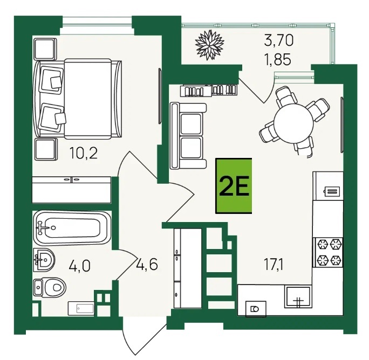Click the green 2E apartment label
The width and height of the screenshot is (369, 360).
coord(234,186)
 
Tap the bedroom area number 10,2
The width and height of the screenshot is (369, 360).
coord(83,153)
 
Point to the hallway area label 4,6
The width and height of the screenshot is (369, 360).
coord(146,264)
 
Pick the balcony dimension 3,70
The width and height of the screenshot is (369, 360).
coord(279,40)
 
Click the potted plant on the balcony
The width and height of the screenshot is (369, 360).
coord(209,45)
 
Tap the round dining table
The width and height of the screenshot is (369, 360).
coord(295,124)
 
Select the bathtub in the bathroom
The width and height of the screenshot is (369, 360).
coord(72,228)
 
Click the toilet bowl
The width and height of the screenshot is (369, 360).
coord(50,287)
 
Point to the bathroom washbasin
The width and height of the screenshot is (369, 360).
coord(44,260)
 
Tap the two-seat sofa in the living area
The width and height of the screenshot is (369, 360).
coord(188,136)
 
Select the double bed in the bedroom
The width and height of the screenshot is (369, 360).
coord(78,99)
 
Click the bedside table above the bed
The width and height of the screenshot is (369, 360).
coord(45,49)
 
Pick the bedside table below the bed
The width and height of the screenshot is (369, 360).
coord(46,149)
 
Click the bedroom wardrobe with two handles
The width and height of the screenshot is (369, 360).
coord(71,190)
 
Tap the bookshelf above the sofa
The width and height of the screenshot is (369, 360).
coord(209,91)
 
